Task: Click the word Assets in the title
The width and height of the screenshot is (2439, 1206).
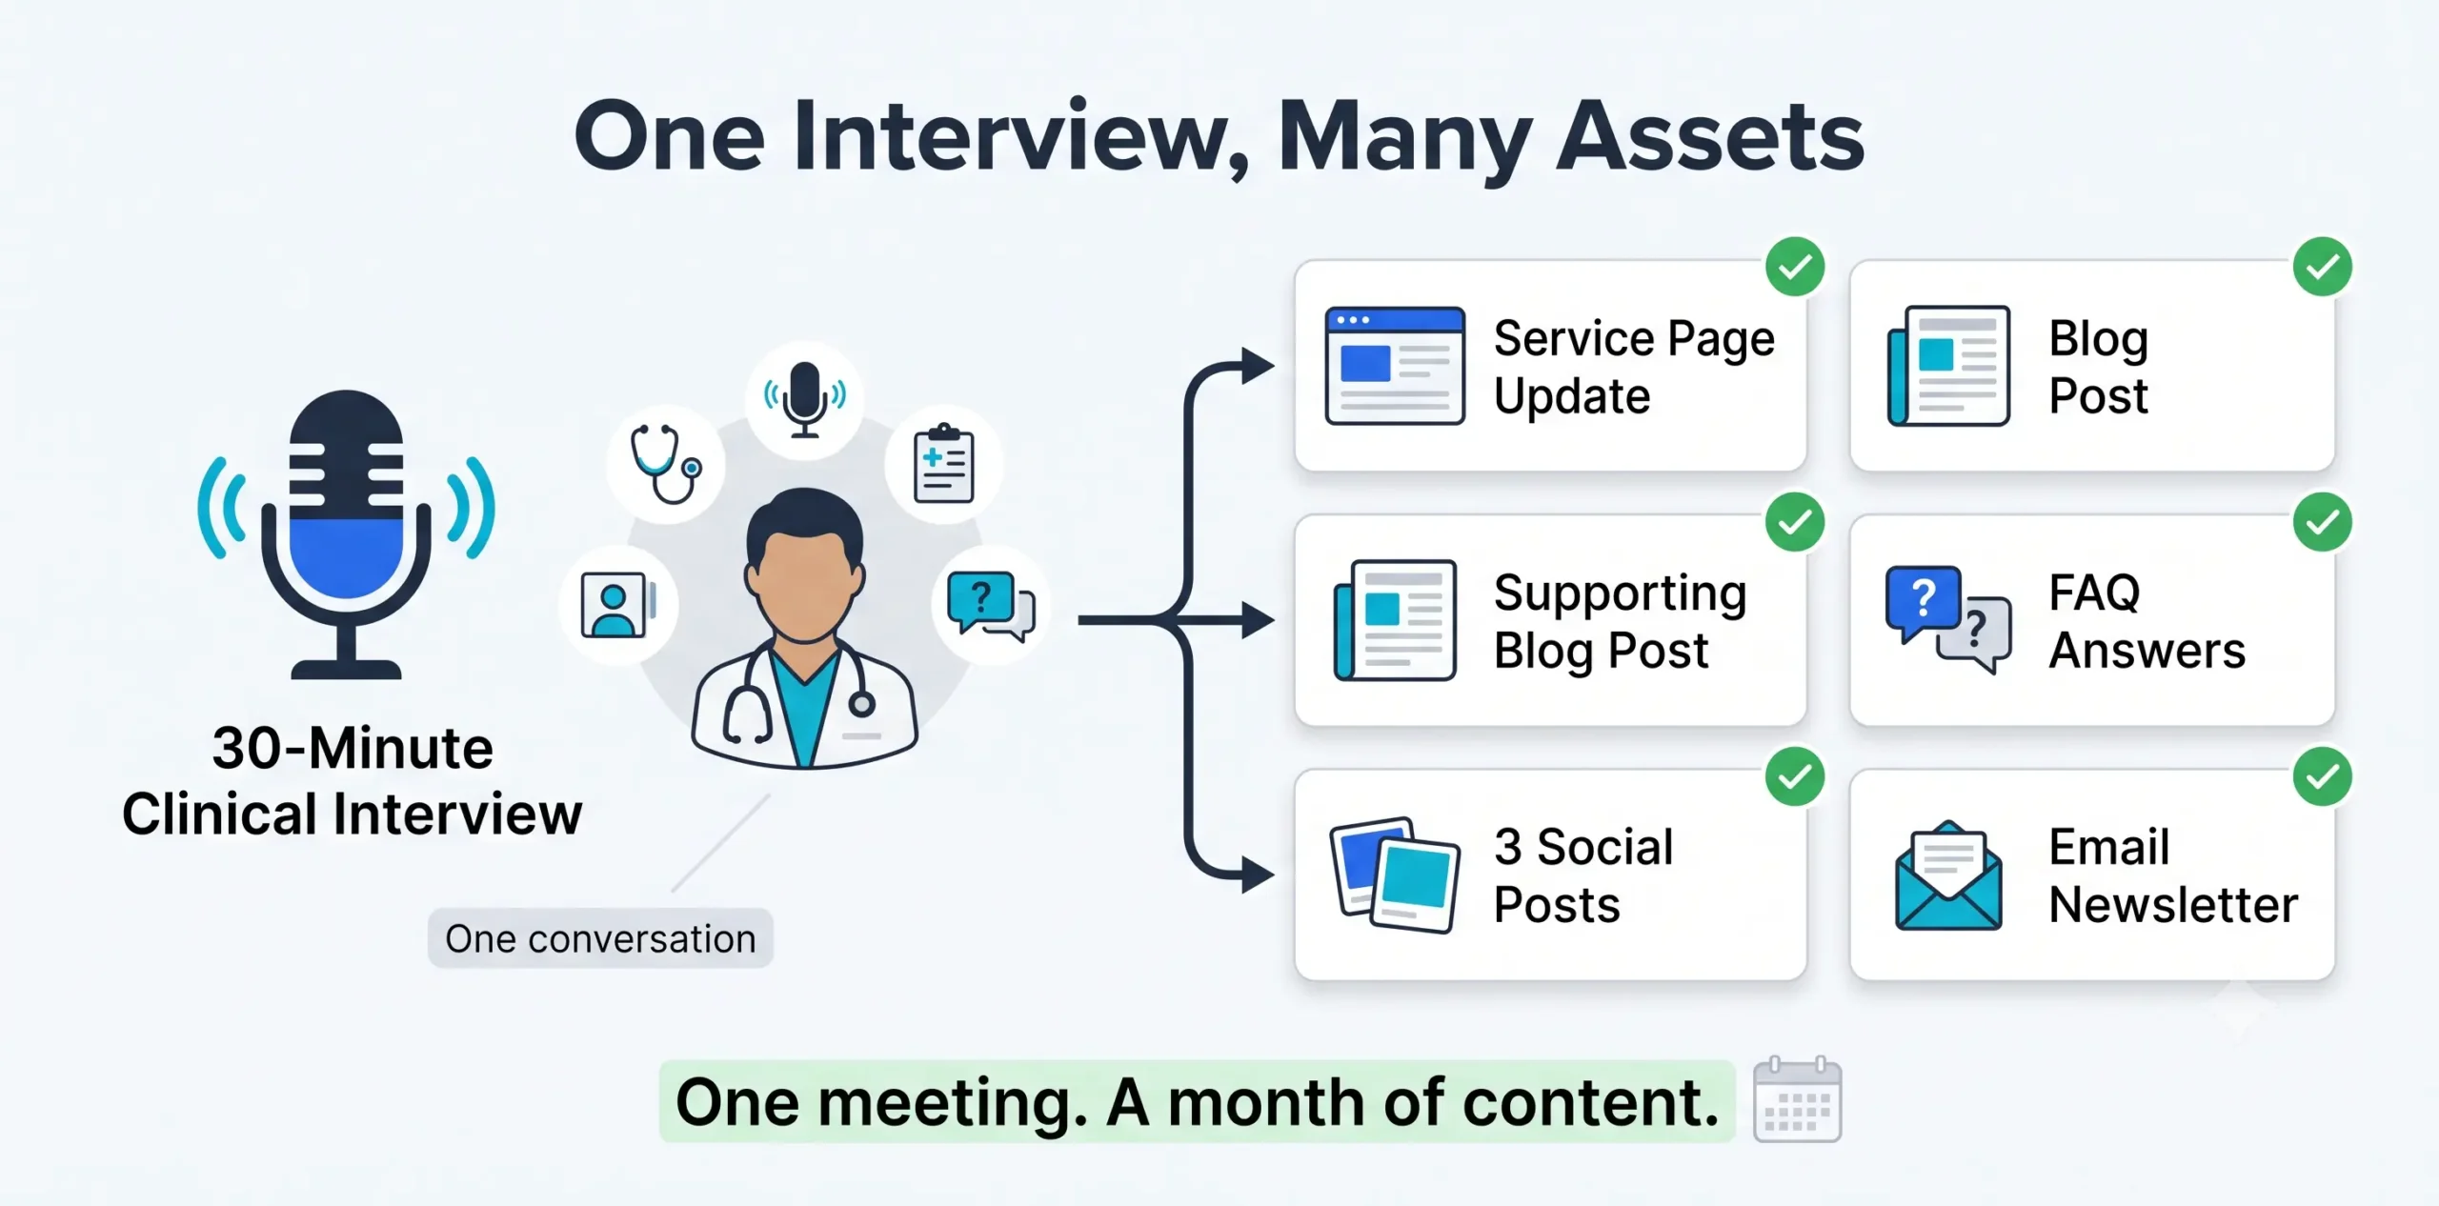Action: pyautogui.click(x=1709, y=137)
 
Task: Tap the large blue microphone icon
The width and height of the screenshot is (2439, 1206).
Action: pyautogui.click(x=346, y=533)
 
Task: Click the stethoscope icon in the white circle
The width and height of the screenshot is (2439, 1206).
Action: pyautogui.click(x=666, y=464)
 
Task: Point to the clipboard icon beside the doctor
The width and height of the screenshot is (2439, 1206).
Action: pyautogui.click(x=943, y=464)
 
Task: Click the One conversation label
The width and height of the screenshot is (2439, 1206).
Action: pyautogui.click(x=600, y=939)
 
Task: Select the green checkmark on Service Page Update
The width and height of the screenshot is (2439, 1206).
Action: pyautogui.click(x=1795, y=267)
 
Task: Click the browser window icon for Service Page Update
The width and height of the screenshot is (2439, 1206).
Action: pyautogui.click(x=1395, y=366)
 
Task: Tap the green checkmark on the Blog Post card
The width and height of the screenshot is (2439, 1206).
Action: pyautogui.click(x=2323, y=267)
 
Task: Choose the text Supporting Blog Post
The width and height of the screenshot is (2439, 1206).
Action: pyautogui.click(x=1621, y=621)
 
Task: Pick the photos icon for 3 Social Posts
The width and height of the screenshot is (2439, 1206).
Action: pyautogui.click(x=1395, y=874)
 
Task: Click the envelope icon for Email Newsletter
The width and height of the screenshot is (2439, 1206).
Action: pyautogui.click(x=1948, y=875)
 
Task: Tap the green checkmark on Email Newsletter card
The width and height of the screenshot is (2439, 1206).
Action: pyautogui.click(x=2323, y=776)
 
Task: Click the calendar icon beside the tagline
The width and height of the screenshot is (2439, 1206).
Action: pyautogui.click(x=1798, y=1099)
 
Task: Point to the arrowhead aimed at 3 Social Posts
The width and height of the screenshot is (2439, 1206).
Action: pyautogui.click(x=1259, y=874)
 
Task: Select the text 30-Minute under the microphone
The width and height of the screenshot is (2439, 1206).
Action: pyautogui.click(x=353, y=749)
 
